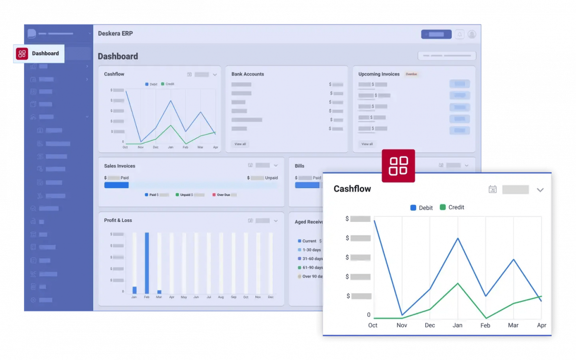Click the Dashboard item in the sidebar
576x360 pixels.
pos(39,54)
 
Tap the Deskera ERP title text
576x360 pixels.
pos(115,34)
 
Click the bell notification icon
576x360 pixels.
pos(459,34)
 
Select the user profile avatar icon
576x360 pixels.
pos(472,34)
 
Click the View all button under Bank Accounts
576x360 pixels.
pos(240,144)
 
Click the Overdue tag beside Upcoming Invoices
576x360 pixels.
pos(411,74)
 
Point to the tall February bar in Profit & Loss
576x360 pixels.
pos(147,263)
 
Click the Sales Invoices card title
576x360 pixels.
pos(120,166)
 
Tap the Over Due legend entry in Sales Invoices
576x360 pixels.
pos(225,195)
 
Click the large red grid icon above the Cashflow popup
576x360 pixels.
pos(398,166)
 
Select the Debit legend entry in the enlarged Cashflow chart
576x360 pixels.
pos(421,208)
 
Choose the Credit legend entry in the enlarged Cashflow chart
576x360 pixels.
pos(452,207)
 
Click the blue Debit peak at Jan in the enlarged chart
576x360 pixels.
pos(458,238)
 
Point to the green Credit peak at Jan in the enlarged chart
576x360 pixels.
pos(458,283)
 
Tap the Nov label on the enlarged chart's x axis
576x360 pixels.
pos(402,325)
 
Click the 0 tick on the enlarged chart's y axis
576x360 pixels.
pos(369,315)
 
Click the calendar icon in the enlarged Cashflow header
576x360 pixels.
pos(492,190)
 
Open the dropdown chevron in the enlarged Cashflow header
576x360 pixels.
pos(540,190)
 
